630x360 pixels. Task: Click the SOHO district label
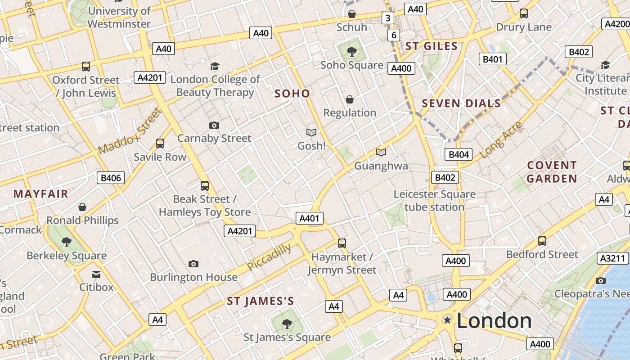(292, 94)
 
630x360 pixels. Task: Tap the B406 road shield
(111, 178)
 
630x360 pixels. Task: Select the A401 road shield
(310, 219)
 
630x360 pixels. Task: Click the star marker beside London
(447, 320)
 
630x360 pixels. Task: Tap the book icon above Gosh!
(311, 132)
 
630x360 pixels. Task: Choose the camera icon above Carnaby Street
(214, 125)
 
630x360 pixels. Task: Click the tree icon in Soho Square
(352, 52)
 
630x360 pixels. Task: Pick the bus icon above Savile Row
(160, 144)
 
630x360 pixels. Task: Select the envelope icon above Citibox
(96, 274)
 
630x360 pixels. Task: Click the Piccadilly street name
(269, 257)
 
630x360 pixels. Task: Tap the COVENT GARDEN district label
(552, 172)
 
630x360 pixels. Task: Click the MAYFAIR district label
(40, 194)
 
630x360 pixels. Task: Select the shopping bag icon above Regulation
(350, 99)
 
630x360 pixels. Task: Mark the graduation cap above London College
(215, 67)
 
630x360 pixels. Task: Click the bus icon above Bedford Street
(542, 241)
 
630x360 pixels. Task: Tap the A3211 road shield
(613, 258)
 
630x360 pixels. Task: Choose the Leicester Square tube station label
(434, 201)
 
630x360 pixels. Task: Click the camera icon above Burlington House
(193, 264)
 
